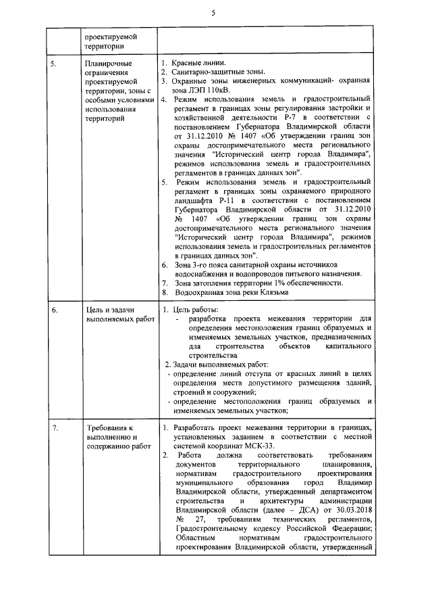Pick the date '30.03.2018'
[350, 509]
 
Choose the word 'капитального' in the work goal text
[348, 346]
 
